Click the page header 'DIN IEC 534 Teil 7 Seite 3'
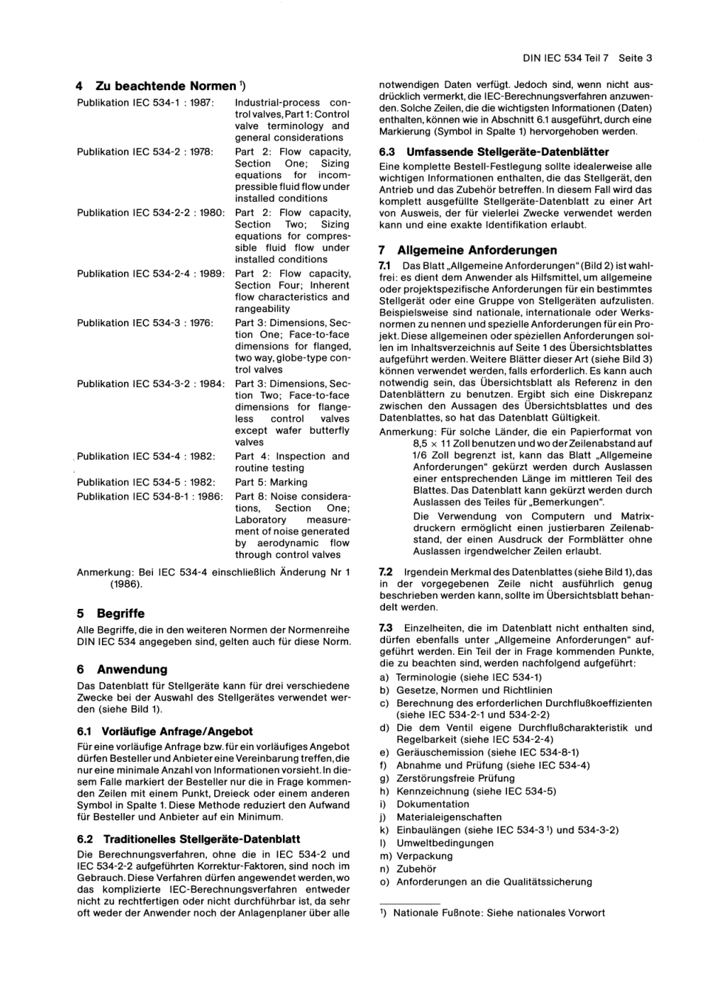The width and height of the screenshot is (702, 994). point(587,58)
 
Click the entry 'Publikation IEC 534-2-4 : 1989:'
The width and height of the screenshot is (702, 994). point(150,273)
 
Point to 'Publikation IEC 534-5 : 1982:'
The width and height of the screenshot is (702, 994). point(146,482)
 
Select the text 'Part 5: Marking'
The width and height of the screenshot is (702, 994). point(270,482)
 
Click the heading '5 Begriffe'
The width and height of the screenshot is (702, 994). point(111,613)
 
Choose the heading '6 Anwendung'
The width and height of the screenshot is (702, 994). point(122,670)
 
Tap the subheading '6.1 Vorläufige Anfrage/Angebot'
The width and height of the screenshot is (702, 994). point(165,731)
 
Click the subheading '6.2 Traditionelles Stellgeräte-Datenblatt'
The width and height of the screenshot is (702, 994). point(188,839)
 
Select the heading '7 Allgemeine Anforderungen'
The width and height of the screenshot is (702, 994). point(468,251)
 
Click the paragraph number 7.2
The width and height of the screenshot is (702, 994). point(386,572)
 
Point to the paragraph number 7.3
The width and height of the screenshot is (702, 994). point(386,627)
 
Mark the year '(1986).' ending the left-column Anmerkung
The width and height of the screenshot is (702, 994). point(126,584)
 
